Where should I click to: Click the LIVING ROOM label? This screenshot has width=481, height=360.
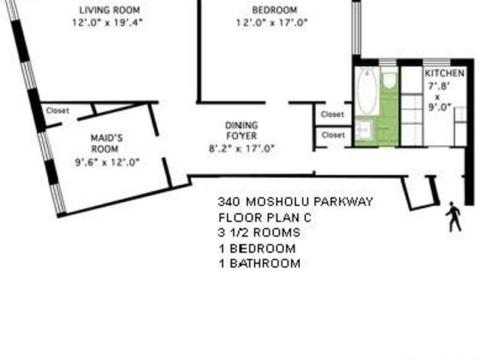click(x=110, y=10)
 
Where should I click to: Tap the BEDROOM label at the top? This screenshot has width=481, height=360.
click(x=274, y=10)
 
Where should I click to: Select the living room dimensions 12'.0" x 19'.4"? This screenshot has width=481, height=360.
click(x=107, y=23)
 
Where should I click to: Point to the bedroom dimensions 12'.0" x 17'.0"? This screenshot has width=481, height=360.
click(x=272, y=23)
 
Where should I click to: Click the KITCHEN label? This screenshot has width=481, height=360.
click(x=444, y=74)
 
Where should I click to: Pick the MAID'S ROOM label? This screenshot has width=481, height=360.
click(x=107, y=144)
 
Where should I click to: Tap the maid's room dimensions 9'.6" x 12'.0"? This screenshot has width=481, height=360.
click(x=107, y=162)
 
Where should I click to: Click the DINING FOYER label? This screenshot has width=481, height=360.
click(x=241, y=130)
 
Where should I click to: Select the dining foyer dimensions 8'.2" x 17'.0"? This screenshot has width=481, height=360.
click(x=241, y=149)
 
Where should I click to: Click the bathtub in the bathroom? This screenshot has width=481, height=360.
click(x=367, y=91)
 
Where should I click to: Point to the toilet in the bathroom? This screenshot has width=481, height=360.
click(x=389, y=80)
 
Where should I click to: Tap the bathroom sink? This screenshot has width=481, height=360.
click(x=365, y=130)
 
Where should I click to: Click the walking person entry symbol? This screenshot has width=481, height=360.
click(x=453, y=216)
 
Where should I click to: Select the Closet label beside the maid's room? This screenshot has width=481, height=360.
click(x=57, y=110)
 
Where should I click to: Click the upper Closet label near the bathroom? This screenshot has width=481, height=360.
click(x=332, y=114)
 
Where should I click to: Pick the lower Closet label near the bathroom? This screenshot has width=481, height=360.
click(x=333, y=135)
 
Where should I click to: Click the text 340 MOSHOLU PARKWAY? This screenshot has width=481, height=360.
click(x=295, y=201)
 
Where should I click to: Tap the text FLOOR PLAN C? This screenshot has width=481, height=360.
click(x=265, y=218)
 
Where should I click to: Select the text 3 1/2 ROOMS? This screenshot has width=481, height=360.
click(x=259, y=232)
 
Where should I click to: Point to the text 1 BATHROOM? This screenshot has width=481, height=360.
click(x=259, y=263)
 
